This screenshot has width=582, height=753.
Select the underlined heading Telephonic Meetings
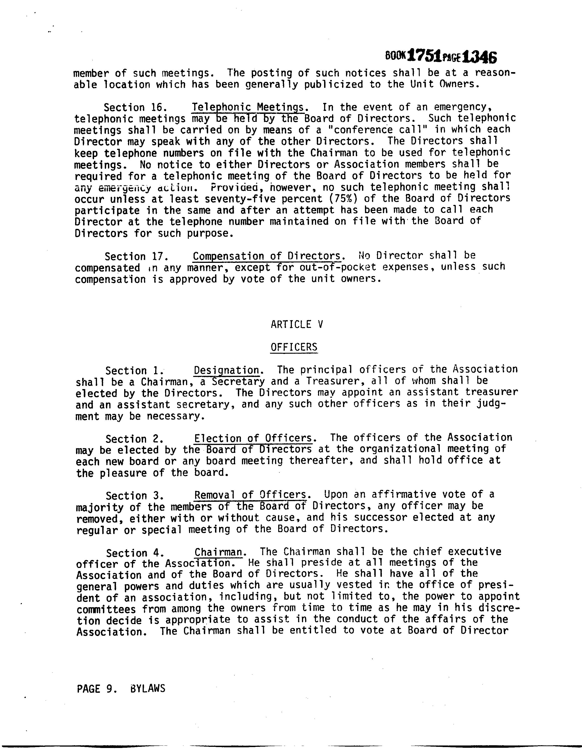(x=248, y=107)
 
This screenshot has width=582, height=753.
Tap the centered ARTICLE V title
(x=296, y=324)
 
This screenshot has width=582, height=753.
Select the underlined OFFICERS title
(x=294, y=347)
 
